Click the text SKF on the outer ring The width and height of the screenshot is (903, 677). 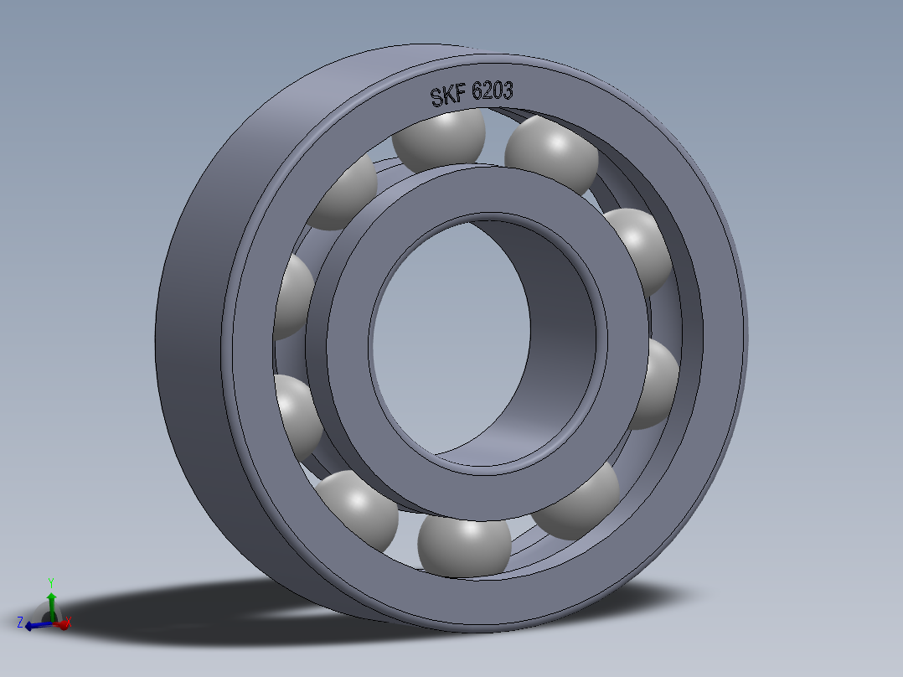click(449, 96)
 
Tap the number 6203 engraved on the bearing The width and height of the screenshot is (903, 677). click(493, 90)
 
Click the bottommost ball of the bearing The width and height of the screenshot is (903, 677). click(463, 545)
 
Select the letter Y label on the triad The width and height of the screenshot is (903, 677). click(51, 581)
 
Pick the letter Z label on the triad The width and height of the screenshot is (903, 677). click(19, 622)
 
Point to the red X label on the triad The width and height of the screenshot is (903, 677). click(69, 622)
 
